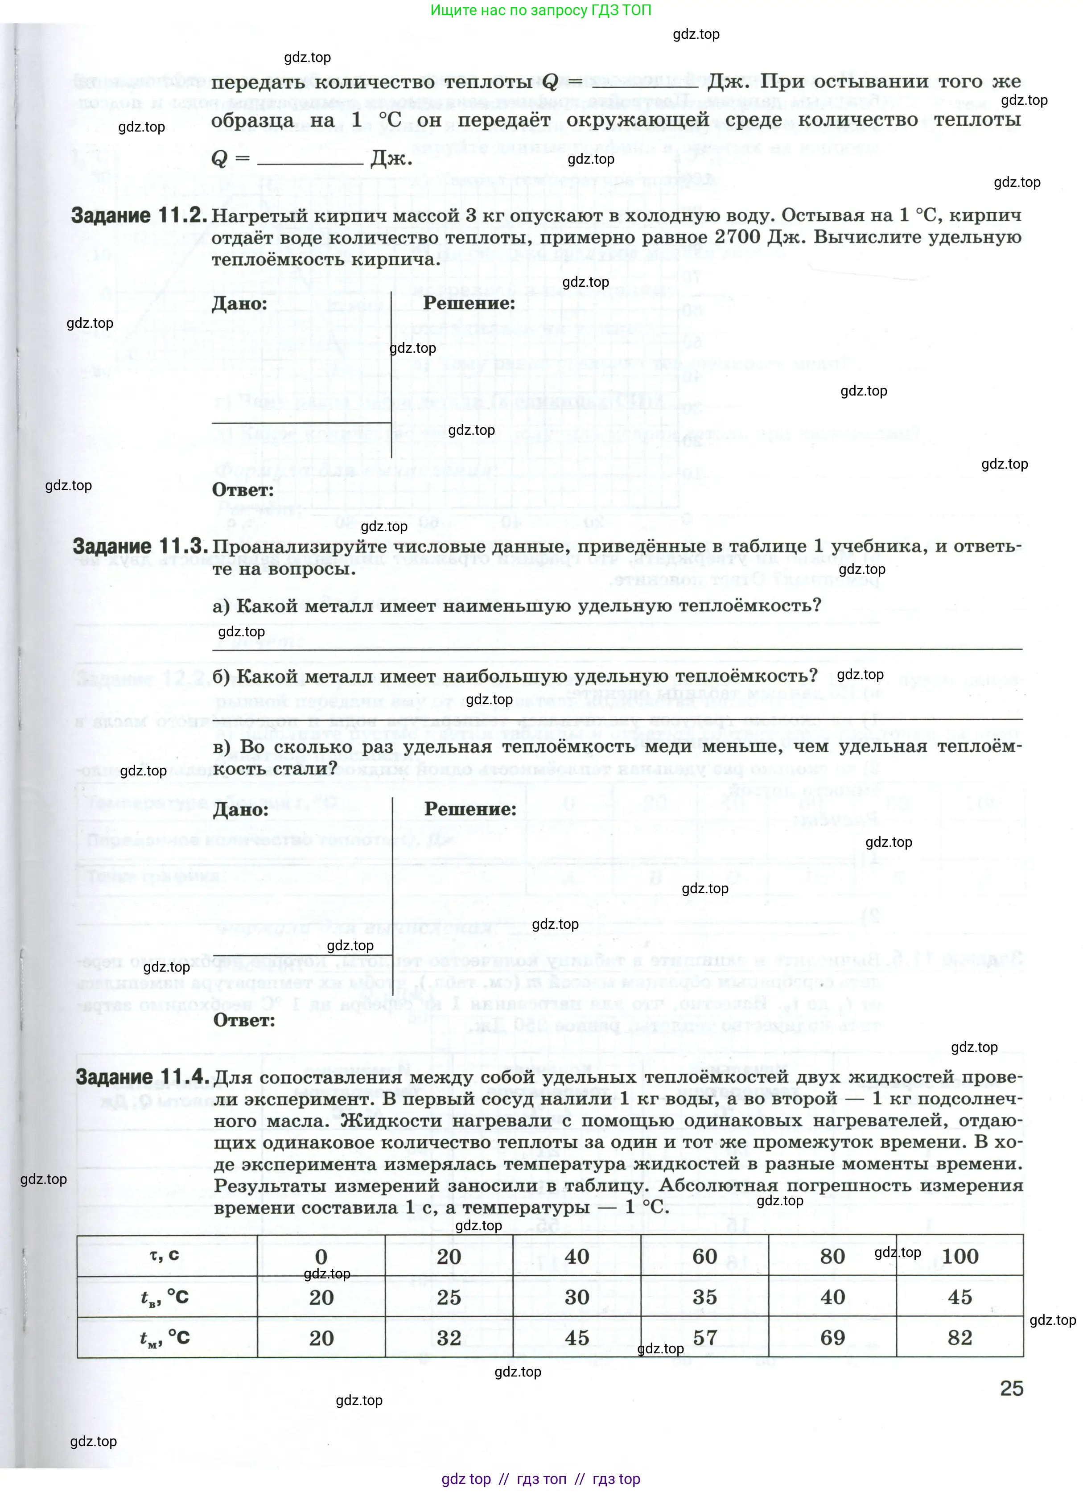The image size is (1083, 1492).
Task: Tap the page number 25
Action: tap(1011, 1389)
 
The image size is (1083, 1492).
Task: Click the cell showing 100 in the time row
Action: tap(959, 1257)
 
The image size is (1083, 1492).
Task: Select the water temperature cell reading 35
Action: tap(704, 1297)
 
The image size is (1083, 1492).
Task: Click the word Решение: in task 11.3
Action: tap(470, 809)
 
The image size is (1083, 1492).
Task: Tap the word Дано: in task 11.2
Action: tap(239, 304)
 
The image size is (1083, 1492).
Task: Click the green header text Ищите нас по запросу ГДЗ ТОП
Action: tap(541, 11)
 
